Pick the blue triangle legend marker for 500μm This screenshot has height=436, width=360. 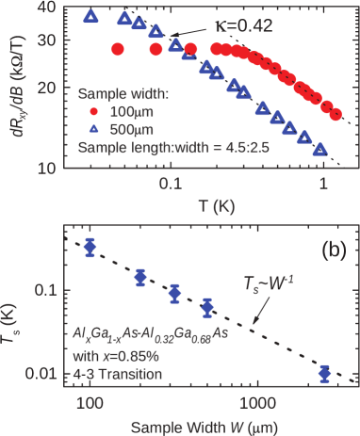click(x=92, y=130)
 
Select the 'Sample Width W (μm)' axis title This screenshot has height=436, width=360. click(x=209, y=425)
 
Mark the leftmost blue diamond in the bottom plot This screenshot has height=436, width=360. click(x=90, y=248)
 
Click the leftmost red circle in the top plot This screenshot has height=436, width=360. click(x=117, y=49)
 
